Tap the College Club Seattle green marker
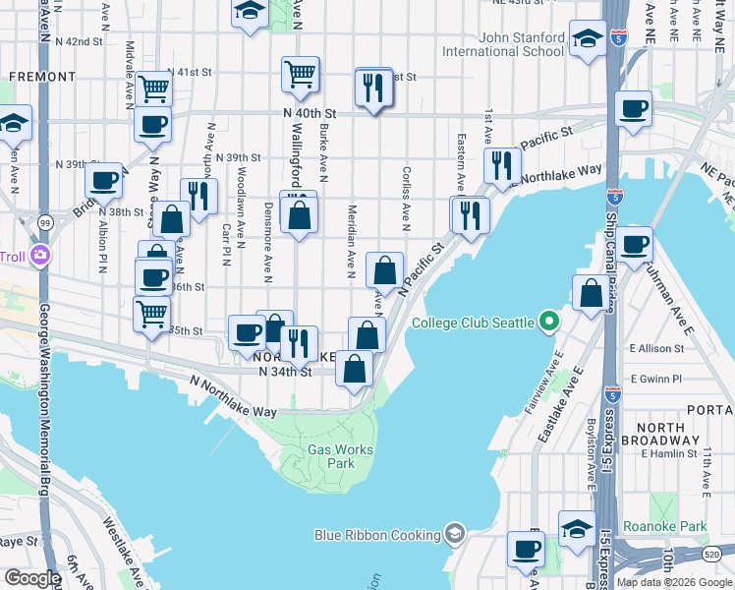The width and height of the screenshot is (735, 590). (549, 323)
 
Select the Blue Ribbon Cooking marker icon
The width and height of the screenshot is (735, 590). (454, 534)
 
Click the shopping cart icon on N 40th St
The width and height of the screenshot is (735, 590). (300, 72)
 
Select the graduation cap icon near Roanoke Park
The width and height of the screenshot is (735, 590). (577, 527)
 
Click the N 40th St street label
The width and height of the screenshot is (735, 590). (310, 114)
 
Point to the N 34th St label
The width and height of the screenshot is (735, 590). (285, 372)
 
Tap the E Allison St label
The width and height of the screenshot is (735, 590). (656, 348)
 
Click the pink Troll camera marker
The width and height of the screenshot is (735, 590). (40, 257)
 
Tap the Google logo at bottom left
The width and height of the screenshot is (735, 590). (31, 578)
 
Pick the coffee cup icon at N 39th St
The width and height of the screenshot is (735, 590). (103, 180)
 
